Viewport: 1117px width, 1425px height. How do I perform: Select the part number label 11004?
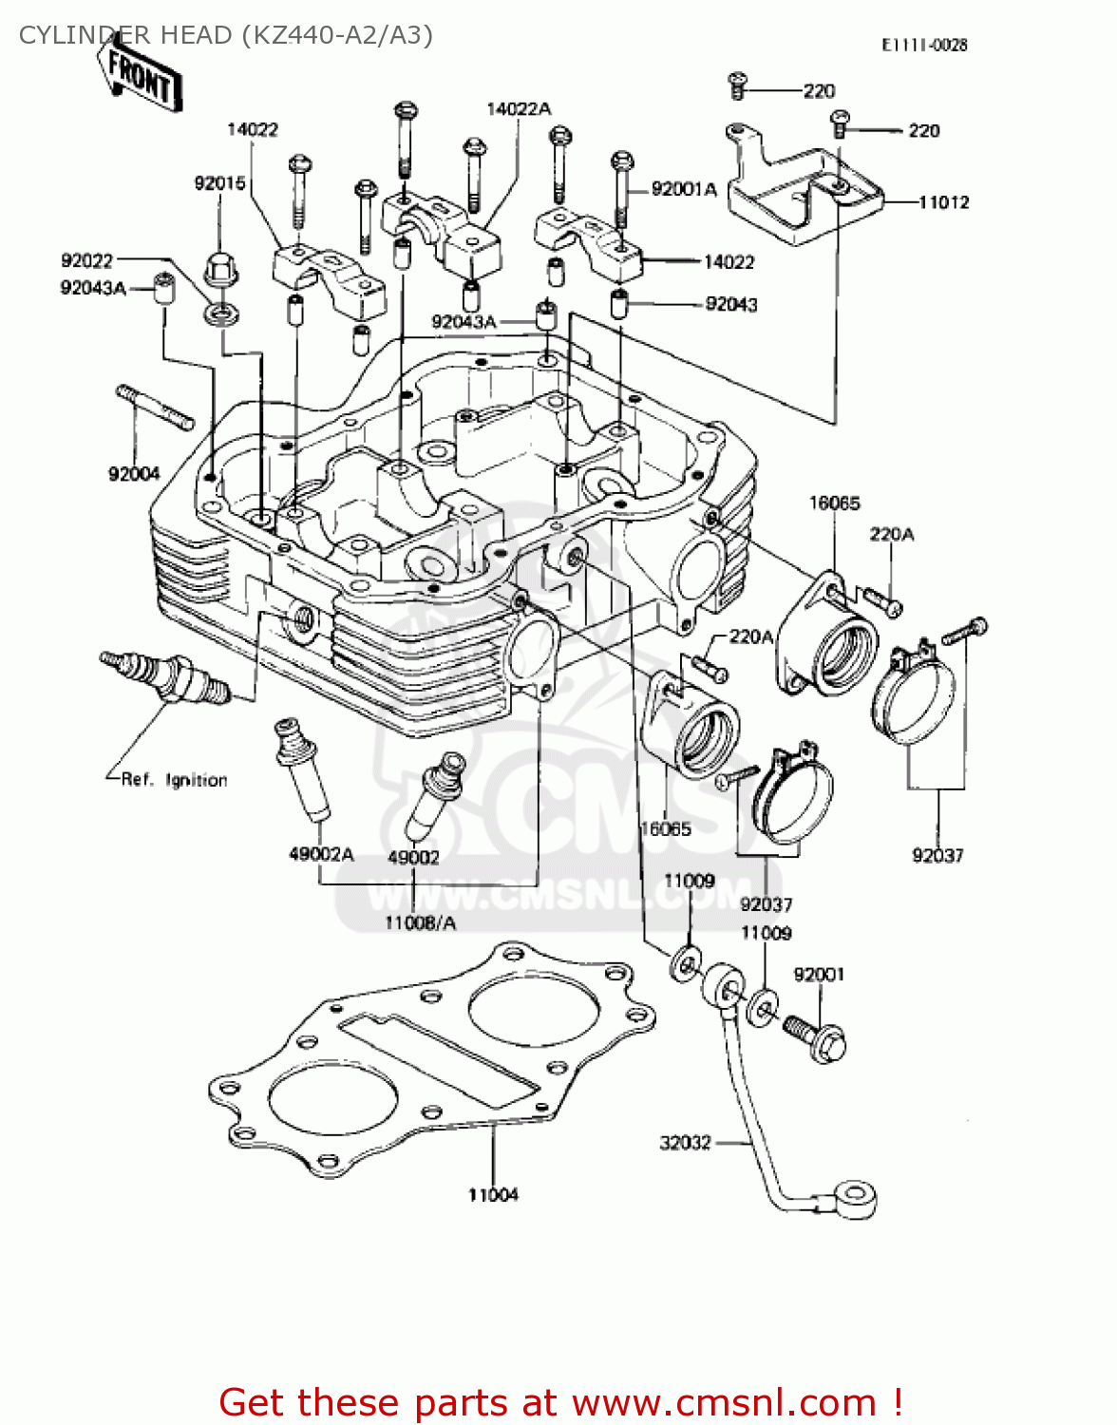(493, 1195)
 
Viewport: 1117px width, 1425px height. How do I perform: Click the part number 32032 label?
(685, 1143)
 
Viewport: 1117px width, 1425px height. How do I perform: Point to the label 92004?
(134, 474)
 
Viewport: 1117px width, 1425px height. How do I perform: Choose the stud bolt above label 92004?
(155, 408)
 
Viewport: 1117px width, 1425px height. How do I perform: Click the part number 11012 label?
(943, 202)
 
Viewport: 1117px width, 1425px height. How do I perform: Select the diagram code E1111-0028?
(923, 45)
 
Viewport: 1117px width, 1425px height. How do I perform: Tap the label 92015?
(219, 183)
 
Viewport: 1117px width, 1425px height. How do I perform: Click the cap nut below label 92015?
(221, 272)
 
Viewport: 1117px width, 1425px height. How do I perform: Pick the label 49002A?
(321, 854)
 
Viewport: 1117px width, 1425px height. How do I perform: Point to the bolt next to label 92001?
(816, 1038)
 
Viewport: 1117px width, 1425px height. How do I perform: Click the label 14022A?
(519, 109)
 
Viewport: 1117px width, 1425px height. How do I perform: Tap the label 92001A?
(684, 190)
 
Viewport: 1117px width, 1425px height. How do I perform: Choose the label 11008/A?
(420, 922)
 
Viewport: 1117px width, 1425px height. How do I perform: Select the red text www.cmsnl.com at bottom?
(725, 1402)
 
